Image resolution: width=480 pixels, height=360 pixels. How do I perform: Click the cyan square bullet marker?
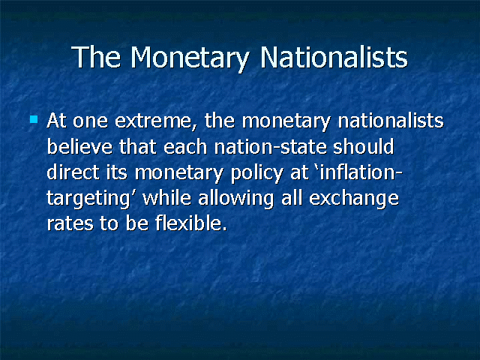pos(34,119)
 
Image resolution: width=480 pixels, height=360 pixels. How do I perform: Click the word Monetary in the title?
pos(190,58)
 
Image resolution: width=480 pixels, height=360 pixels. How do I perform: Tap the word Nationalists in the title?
pos(334,57)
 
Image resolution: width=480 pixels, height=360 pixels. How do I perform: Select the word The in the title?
pos(96,57)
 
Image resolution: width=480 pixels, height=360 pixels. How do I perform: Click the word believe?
pos(79,147)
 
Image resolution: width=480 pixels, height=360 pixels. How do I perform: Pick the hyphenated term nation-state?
pos(270,147)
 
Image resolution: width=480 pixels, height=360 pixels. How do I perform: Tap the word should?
pos(363,147)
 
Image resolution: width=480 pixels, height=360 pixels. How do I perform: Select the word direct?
pos(73,172)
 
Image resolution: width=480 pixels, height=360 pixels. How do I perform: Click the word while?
pos(166,198)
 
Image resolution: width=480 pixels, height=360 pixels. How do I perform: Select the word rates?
pos(70,223)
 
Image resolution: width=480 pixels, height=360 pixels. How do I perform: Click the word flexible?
pos(191,223)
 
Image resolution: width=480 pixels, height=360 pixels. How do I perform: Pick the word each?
pos(185,147)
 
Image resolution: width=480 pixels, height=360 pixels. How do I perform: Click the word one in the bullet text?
pos(90,121)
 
